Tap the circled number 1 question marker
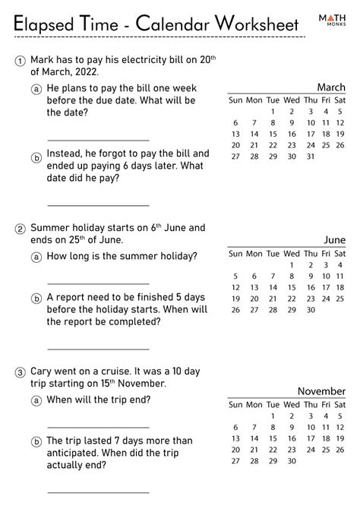pyautogui.click(x=20, y=60)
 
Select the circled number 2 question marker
pyautogui.click(x=20, y=227)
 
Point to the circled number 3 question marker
pyautogui.click(x=20, y=371)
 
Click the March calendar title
pyautogui.click(x=330, y=87)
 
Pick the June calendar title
pyautogui.click(x=334, y=240)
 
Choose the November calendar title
pyautogui.click(x=321, y=390)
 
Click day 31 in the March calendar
pyautogui.click(x=310, y=156)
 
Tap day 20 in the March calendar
pyautogui.click(x=235, y=145)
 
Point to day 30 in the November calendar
pyautogui.click(x=272, y=460)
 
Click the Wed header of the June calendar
pyautogui.click(x=292, y=253)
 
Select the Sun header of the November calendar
pyautogui.click(x=235, y=403)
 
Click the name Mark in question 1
pyautogui.click(x=43, y=60)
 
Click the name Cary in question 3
pyautogui.click(x=43, y=371)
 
